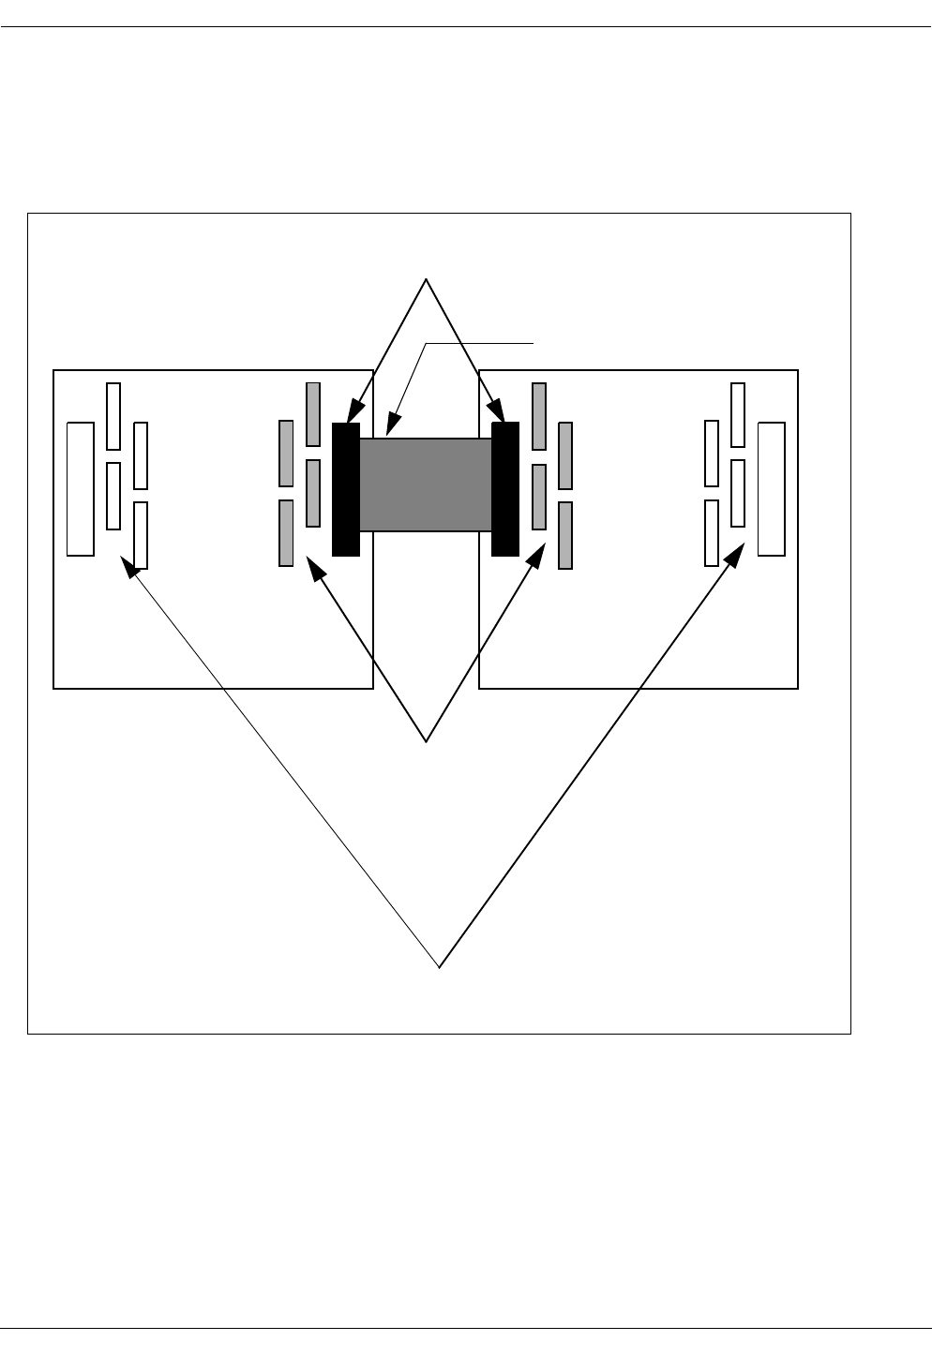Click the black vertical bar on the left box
(x=346, y=489)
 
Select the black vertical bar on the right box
(x=505, y=489)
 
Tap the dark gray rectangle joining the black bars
(x=426, y=484)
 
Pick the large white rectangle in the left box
(x=81, y=489)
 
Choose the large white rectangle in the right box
(x=772, y=489)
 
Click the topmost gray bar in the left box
(x=313, y=414)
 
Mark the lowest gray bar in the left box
(x=286, y=532)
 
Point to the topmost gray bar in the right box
(x=538, y=416)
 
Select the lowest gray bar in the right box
(x=565, y=535)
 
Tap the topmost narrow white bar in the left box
(x=113, y=416)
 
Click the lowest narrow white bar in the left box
(x=141, y=535)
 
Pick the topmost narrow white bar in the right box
(x=738, y=415)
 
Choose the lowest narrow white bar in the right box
(x=712, y=532)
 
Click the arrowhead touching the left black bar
(x=353, y=413)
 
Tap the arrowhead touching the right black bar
(x=499, y=413)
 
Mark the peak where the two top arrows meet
(x=427, y=280)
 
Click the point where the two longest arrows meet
(x=439, y=966)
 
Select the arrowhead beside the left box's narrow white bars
(x=129, y=565)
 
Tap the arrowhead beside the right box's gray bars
(x=537, y=556)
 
